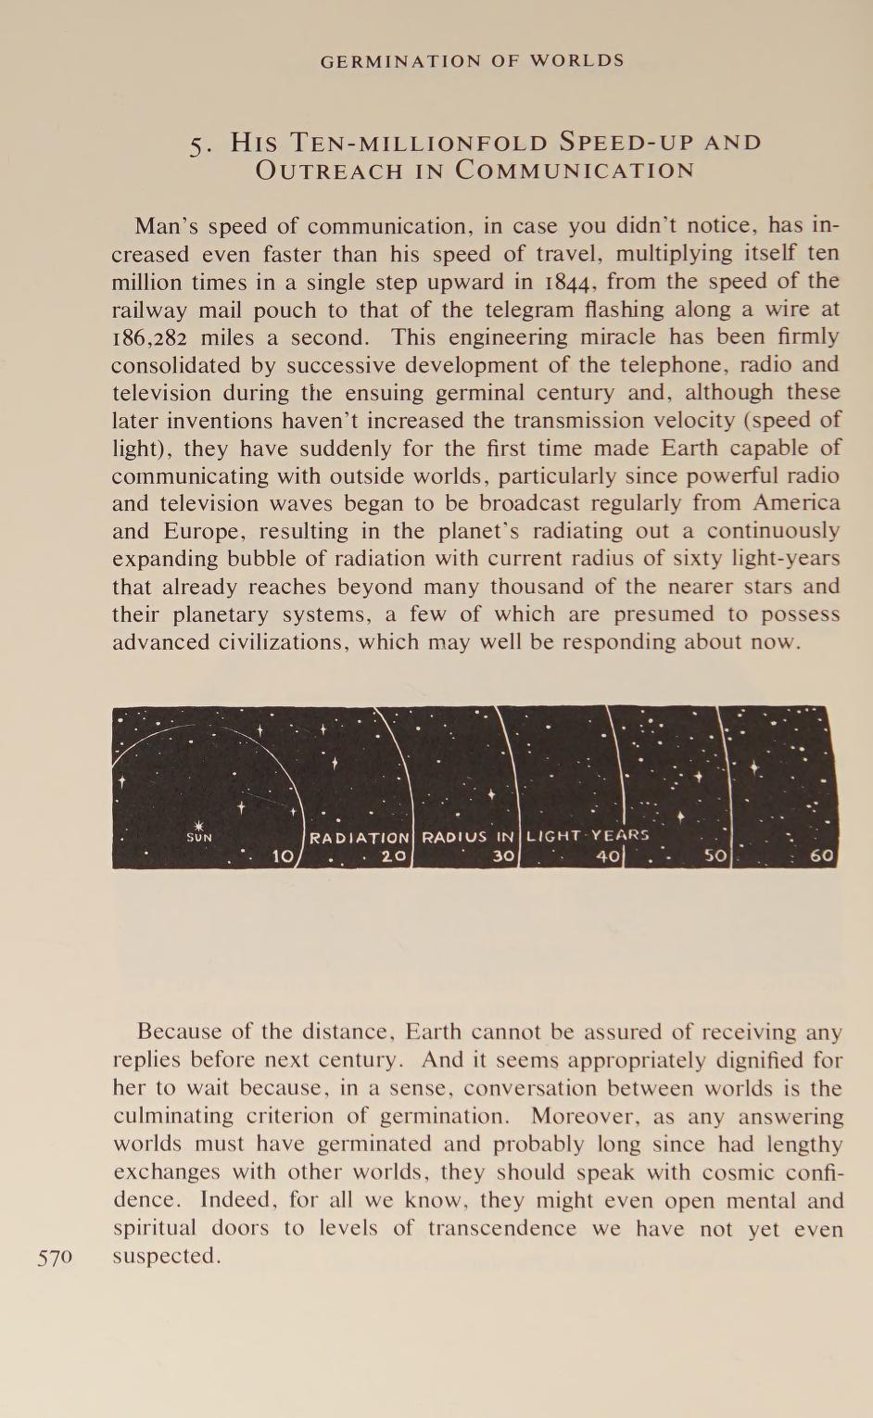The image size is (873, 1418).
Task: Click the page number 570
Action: [55, 1258]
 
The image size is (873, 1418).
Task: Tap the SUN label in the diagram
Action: [199, 838]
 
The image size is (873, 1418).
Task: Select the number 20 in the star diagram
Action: [395, 855]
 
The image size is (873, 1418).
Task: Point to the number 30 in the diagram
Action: [503, 856]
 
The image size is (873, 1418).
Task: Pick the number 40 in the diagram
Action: [607, 856]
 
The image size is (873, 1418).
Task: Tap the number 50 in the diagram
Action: [715, 855]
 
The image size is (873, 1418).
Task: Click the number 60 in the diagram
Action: [822, 855]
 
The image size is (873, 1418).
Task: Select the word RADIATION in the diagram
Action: [359, 838]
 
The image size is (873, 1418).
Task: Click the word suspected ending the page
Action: [164, 1257]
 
